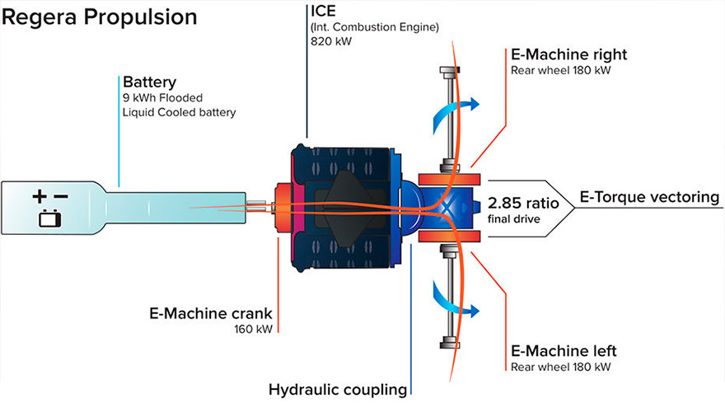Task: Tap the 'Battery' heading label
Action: (150, 82)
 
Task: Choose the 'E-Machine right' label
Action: (568, 55)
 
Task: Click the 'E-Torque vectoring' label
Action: (649, 197)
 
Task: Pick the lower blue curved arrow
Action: (451, 302)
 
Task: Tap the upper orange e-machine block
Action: (448, 179)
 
